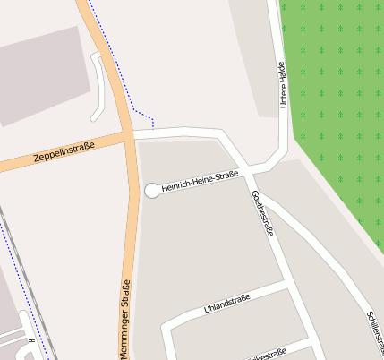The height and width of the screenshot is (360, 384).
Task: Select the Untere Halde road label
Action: tap(283, 85)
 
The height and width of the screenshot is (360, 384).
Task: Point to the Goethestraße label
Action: tap(262, 213)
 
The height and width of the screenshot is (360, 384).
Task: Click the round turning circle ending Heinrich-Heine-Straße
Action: tap(152, 190)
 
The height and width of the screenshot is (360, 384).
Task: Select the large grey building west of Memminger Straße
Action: tap(40, 76)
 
